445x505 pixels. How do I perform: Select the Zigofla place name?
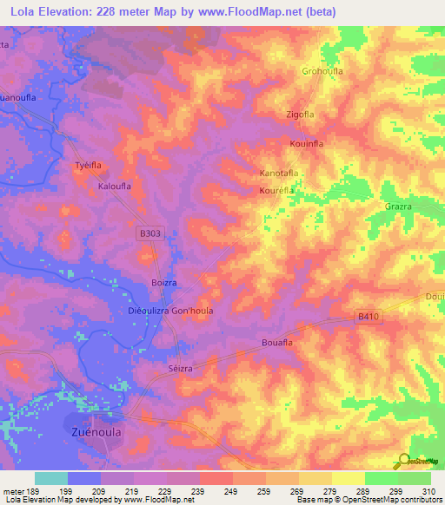coord(299,115)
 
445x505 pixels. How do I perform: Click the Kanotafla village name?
coord(280,174)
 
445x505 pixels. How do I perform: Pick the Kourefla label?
coord(277,188)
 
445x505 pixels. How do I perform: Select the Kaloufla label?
coord(115,186)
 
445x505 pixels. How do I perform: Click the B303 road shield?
coord(150,233)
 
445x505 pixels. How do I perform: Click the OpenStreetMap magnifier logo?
coord(402,462)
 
